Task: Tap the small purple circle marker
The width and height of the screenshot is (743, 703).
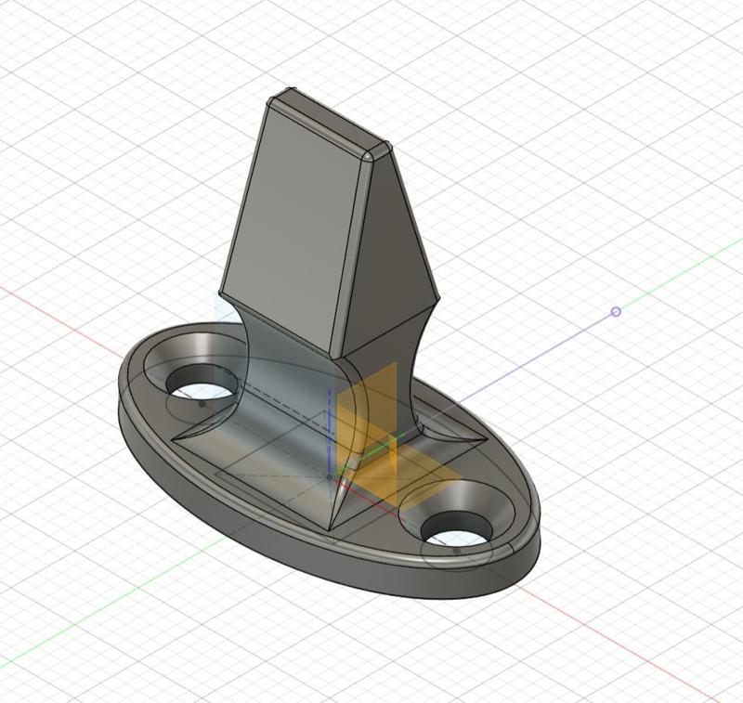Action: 616,312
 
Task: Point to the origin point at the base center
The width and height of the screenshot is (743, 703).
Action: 330,476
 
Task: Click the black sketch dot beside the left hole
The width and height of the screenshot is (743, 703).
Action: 202,404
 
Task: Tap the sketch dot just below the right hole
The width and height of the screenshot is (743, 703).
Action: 456,551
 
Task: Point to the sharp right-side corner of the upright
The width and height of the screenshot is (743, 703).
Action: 437,299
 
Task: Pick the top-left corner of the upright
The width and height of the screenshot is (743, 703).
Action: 271,100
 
